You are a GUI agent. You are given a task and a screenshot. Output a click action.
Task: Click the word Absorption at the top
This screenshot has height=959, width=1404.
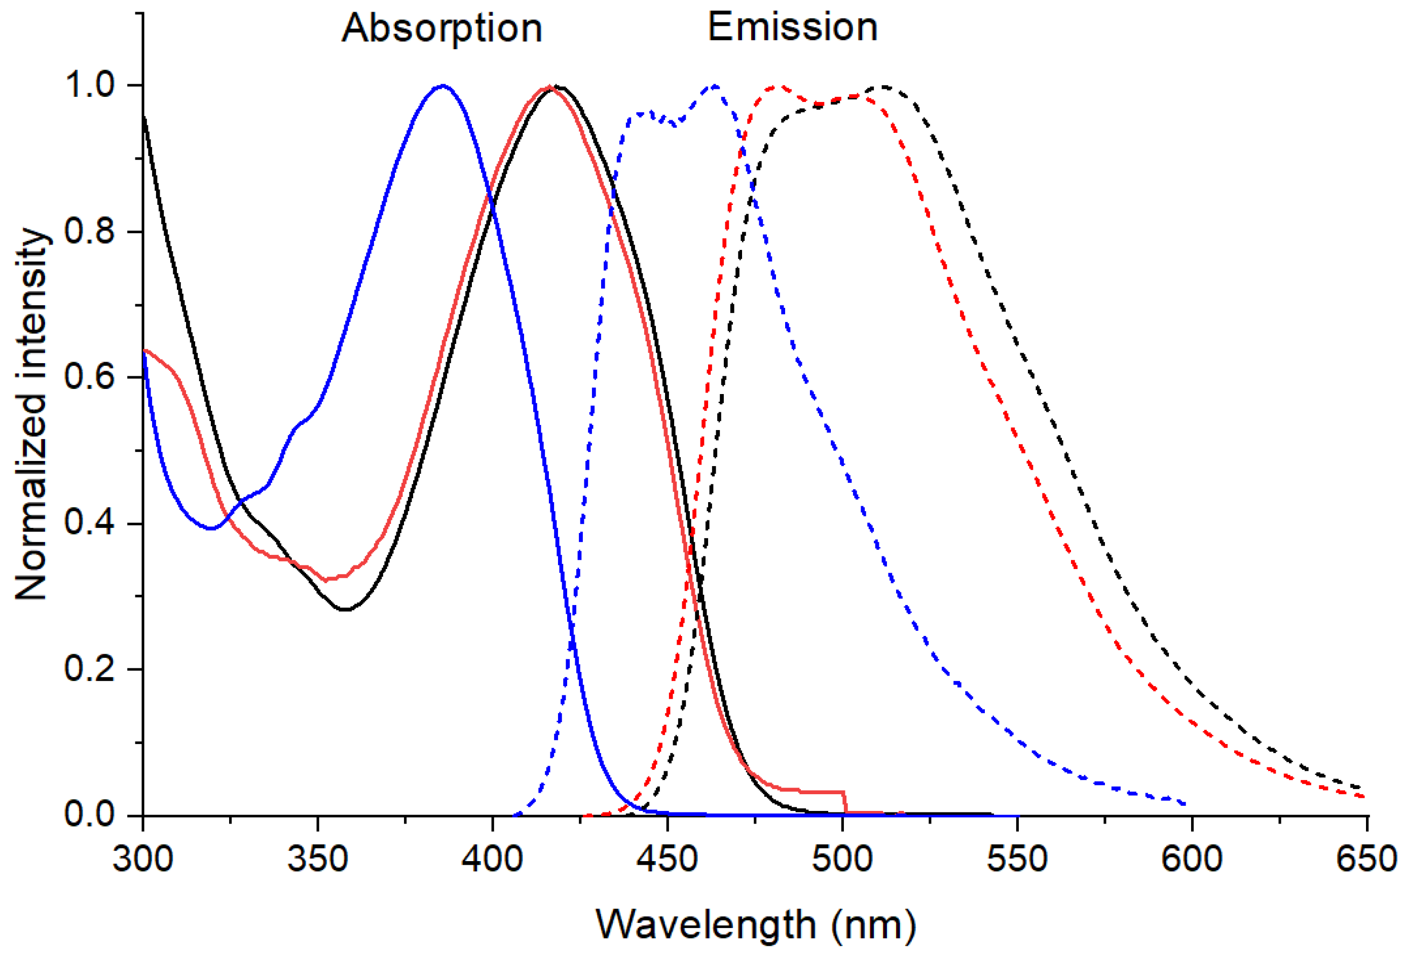click(441, 28)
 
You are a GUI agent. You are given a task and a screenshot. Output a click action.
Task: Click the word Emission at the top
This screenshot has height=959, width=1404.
click(792, 27)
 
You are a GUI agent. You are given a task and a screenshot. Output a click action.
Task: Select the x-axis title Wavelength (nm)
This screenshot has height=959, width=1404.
click(756, 925)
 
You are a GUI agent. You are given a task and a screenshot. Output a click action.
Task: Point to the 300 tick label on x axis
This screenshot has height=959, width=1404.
click(143, 858)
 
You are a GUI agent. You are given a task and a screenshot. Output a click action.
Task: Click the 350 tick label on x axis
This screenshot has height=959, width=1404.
click(318, 858)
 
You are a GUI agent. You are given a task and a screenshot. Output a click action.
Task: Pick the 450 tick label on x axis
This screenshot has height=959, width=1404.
click(668, 858)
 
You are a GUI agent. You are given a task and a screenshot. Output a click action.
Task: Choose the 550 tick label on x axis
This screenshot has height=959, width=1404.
click(1017, 858)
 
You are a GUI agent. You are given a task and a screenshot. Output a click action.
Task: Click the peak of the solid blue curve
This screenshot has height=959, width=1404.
click(443, 86)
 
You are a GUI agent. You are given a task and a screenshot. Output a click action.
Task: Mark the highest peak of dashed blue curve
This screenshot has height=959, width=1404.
click(715, 86)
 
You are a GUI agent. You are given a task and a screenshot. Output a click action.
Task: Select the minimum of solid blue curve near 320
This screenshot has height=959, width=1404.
click(211, 529)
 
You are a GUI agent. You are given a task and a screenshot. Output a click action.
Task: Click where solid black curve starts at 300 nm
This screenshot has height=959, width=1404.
click(144, 115)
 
